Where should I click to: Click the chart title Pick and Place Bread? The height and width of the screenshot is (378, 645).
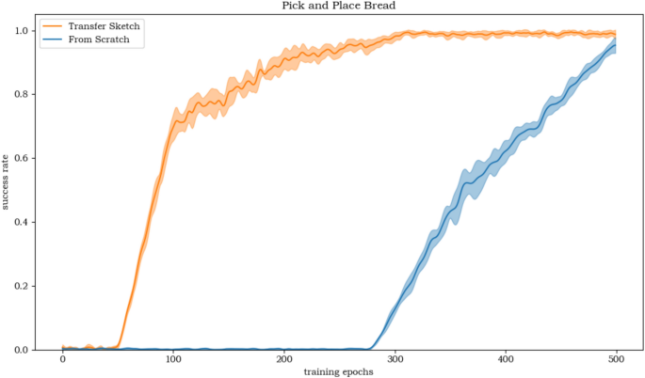click(339, 6)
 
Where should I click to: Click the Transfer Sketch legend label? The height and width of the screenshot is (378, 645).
click(105, 26)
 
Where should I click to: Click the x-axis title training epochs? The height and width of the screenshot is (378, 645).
click(338, 371)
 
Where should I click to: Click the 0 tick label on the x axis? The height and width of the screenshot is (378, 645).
click(62, 359)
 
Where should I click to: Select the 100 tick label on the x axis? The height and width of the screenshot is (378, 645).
click(173, 359)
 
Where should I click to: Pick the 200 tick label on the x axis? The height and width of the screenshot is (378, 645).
click(283, 359)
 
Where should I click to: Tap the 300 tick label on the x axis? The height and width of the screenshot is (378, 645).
click(395, 359)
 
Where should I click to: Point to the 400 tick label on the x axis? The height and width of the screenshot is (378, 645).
click(506, 359)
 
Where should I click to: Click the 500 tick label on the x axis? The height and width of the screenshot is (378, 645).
click(616, 359)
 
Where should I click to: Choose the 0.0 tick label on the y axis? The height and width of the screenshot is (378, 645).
click(23, 350)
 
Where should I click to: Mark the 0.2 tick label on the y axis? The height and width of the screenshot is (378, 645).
click(23, 286)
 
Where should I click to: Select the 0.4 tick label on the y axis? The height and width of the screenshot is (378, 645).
click(23, 222)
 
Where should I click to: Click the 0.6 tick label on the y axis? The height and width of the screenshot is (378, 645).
click(23, 158)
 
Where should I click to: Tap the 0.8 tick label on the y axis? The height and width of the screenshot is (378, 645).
click(23, 94)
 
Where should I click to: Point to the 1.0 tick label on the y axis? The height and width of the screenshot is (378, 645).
click(23, 30)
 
